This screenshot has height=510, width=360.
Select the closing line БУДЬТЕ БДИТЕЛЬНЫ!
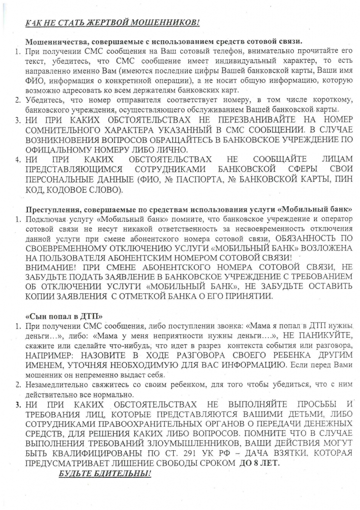(x=105, y=473)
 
